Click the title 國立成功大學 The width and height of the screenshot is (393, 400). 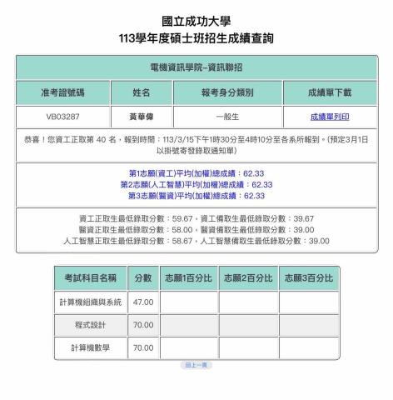[x=196, y=21]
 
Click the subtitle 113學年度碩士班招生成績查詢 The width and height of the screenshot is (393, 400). [x=196, y=38]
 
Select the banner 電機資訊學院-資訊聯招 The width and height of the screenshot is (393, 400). [x=196, y=67]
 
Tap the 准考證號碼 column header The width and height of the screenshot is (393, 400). [x=62, y=92]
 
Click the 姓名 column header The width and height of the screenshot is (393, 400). [x=142, y=92]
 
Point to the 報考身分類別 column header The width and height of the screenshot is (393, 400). [x=226, y=92]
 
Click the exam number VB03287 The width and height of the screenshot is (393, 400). [x=62, y=117]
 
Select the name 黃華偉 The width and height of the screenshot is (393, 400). [x=142, y=117]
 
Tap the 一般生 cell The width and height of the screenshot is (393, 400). [x=226, y=117]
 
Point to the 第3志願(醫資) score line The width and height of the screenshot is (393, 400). [x=196, y=196]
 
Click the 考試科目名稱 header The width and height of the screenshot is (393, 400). [x=91, y=277]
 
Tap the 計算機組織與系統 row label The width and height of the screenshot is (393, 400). [x=91, y=302]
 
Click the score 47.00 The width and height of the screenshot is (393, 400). [x=143, y=302]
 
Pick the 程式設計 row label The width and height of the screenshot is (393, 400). [x=91, y=325]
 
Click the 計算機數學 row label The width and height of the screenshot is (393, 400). [x=91, y=347]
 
